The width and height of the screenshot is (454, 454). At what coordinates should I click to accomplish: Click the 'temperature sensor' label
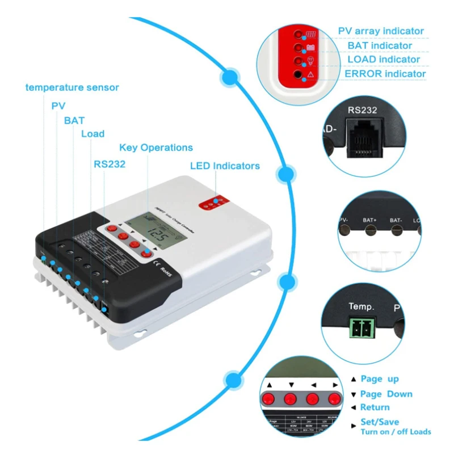coord(72,87)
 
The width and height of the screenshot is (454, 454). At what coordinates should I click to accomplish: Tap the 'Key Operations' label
coord(156,148)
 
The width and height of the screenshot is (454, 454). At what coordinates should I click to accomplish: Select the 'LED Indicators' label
coord(225,166)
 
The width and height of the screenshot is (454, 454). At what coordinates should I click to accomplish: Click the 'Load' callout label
coord(93,134)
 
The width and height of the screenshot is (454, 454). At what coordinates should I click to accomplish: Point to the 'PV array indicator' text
coord(381,31)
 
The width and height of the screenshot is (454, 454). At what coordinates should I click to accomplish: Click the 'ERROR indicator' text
coord(385,74)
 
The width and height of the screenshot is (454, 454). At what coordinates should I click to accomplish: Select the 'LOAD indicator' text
coord(384,60)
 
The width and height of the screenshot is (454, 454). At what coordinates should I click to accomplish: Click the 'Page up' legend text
coord(380,379)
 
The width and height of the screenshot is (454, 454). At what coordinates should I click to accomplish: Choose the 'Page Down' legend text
coord(386,394)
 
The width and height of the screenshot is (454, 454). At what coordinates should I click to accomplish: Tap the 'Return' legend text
coord(375,407)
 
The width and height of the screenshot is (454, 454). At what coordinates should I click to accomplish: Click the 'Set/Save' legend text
coord(380,422)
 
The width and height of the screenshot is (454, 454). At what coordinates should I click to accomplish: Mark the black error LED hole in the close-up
coord(297,74)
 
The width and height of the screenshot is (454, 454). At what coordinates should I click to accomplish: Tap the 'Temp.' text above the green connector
coord(361,307)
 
